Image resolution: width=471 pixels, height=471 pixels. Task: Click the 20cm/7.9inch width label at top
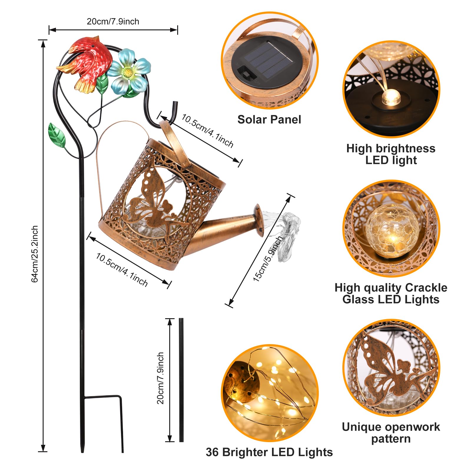point(113,21)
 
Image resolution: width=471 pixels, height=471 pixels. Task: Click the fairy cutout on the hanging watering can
point(153,200)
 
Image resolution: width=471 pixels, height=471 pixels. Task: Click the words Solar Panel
point(269,120)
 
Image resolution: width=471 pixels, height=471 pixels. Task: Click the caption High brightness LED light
point(391,154)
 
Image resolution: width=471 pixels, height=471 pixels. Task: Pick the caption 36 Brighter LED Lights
point(269,452)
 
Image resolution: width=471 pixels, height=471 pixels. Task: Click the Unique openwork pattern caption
point(391,433)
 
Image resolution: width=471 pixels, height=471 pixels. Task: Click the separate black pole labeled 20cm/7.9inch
point(181,380)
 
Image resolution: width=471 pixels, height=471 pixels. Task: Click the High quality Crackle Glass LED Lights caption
point(391,293)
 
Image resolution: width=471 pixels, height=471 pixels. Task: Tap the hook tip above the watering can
point(175,105)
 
